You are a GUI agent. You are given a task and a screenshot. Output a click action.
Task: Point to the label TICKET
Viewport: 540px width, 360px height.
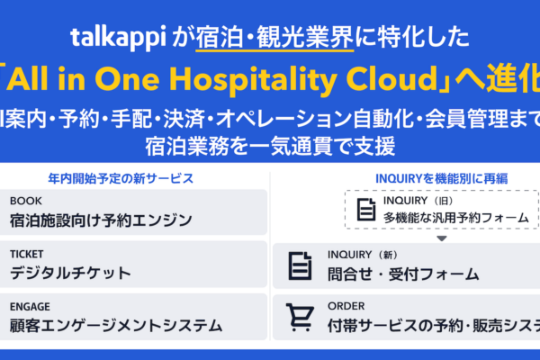[x=27, y=254]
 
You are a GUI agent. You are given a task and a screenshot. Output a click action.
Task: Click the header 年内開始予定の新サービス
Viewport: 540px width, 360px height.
[x=134, y=178]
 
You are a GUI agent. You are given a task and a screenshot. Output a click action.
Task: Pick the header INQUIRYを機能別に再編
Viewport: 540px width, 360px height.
[x=403, y=178]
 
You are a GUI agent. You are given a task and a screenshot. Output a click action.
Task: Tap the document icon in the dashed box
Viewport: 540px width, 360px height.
[x=364, y=210]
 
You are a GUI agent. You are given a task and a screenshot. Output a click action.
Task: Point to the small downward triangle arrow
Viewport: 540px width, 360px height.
[x=441, y=238]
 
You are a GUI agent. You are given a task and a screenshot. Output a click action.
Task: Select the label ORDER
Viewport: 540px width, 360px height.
[x=346, y=306]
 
